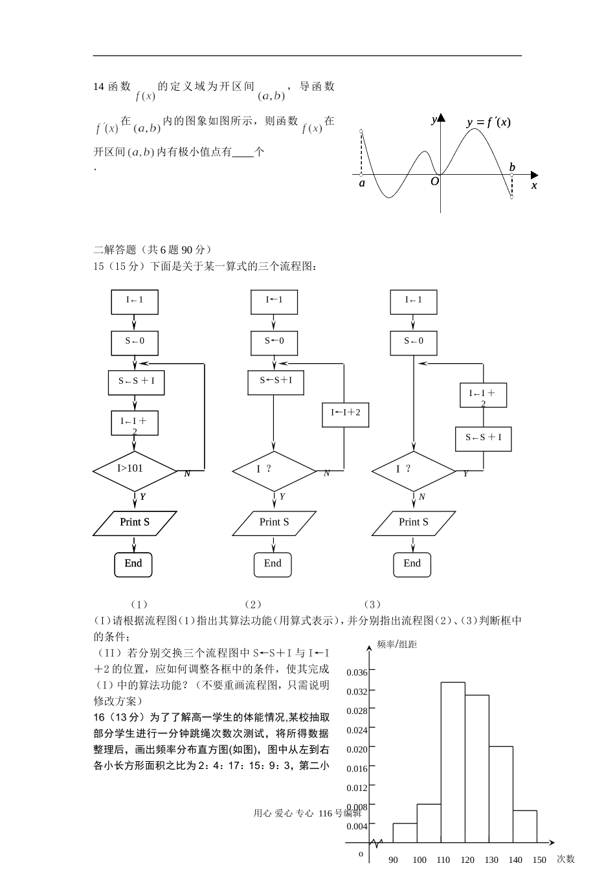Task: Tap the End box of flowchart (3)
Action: click(x=412, y=564)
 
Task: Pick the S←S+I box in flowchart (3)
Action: click(x=483, y=438)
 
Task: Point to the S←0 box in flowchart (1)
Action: click(x=135, y=341)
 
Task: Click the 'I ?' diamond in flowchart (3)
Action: click(x=413, y=470)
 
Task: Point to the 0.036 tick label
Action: click(x=357, y=673)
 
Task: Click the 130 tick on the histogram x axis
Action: click(x=491, y=860)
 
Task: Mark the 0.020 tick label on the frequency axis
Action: click(x=357, y=750)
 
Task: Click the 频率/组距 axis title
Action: click(x=397, y=645)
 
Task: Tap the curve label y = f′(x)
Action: click(x=488, y=122)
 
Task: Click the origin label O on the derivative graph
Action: click(x=434, y=182)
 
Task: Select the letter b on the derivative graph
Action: click(x=512, y=167)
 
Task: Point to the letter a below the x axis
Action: click(x=362, y=184)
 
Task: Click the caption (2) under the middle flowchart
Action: click(x=252, y=605)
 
